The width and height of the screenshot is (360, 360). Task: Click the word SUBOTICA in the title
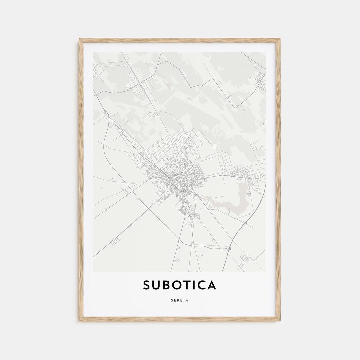coord(180,285)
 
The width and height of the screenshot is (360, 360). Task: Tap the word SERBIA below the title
coord(180,300)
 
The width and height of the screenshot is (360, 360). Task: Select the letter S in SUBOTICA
coord(147,285)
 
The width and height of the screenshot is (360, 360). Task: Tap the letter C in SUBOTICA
coord(202,285)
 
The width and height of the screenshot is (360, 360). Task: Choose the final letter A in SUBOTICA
coord(212,285)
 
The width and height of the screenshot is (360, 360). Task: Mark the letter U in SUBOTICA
coord(157,285)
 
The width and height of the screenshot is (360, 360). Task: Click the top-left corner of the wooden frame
coord(80,39)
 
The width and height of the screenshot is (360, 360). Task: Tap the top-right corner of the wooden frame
coord(280,39)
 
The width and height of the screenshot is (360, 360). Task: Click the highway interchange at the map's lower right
coord(229,248)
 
